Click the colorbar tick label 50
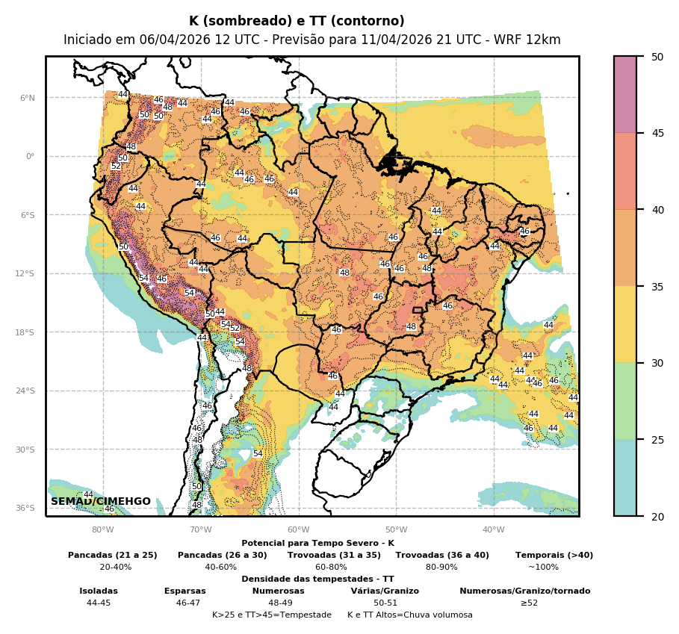[657, 57]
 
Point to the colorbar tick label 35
[657, 286]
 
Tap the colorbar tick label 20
[657, 516]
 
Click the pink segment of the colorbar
[625, 94]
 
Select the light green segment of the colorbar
[625, 401]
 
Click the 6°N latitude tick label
[28, 98]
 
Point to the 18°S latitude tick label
[26, 332]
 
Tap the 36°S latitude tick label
[26, 508]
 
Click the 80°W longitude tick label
[103, 529]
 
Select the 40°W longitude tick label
[493, 529]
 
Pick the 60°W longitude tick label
[298, 529]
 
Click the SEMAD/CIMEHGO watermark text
[101, 501]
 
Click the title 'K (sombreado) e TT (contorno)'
[297, 22]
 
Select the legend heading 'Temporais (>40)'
[554, 555]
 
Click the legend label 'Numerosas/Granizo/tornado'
[524, 591]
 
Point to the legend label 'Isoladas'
[99, 591]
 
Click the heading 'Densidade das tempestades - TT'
[317, 579]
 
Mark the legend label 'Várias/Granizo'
[385, 591]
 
